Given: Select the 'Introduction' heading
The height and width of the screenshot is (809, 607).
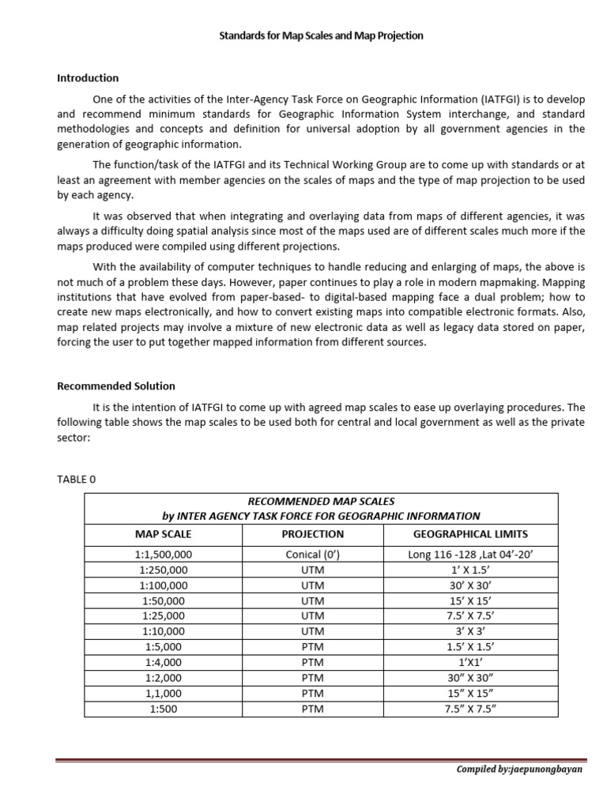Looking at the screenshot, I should click(x=88, y=78).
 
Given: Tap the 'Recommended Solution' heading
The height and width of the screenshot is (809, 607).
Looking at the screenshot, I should click(x=116, y=386).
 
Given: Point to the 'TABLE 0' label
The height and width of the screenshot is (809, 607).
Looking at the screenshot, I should click(x=76, y=479).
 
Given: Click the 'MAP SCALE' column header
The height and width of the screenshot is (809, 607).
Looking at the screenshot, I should click(x=164, y=534).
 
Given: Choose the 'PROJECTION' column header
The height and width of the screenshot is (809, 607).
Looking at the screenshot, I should click(x=313, y=534).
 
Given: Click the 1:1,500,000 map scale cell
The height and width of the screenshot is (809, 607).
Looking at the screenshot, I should click(x=164, y=555).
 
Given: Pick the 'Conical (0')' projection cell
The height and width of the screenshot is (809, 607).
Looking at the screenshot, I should click(x=313, y=555).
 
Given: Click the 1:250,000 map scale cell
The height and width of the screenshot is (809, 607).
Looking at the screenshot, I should click(x=164, y=570).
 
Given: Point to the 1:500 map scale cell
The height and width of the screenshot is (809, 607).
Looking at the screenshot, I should click(x=164, y=709).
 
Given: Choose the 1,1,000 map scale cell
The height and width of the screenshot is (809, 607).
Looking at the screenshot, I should click(x=164, y=693).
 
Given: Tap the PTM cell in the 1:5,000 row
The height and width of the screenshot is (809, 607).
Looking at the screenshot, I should click(x=313, y=646).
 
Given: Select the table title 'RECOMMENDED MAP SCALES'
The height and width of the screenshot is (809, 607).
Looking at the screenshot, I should click(x=321, y=502).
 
